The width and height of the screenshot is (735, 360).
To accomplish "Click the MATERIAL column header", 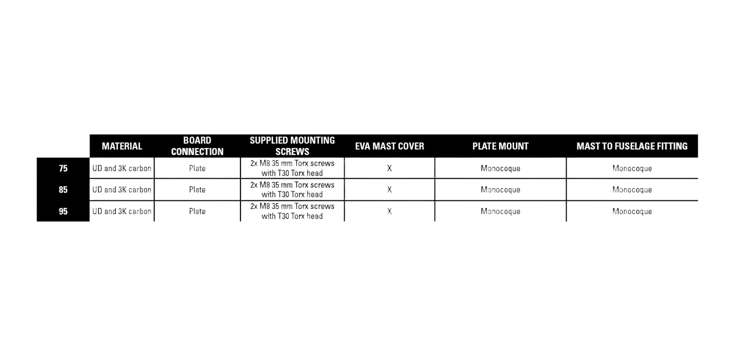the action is (122, 146).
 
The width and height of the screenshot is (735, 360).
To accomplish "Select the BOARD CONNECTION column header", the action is (197, 146).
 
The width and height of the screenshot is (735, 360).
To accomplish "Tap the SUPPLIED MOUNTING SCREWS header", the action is (292, 146).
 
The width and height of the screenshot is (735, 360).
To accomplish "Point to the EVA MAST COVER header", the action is (390, 146).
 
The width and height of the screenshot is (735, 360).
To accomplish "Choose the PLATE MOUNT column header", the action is (501, 146).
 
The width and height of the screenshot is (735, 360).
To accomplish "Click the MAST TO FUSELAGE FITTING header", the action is (632, 146).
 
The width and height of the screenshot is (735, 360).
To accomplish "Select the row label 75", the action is (63, 168).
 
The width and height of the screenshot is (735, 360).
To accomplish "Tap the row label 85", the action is (63, 190).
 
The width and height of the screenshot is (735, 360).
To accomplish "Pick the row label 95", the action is (63, 212).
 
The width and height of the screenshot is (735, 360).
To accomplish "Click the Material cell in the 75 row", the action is (122, 168).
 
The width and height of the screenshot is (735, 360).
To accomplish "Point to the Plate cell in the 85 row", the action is (197, 190).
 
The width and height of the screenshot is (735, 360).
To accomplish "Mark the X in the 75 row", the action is (390, 168).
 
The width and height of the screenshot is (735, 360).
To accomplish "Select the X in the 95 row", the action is (390, 212).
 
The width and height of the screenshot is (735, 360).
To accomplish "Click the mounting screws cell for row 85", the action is (292, 190).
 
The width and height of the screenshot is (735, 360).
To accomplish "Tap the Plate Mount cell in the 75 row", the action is (501, 168).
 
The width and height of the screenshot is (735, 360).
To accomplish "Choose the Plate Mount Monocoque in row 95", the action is (501, 212).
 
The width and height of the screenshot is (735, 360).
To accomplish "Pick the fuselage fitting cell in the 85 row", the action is (632, 190).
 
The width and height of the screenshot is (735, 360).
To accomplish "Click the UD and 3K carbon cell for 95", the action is (122, 212).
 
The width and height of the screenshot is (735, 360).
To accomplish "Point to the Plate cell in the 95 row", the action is (197, 212).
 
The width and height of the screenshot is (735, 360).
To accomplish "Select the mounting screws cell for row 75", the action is (292, 168).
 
